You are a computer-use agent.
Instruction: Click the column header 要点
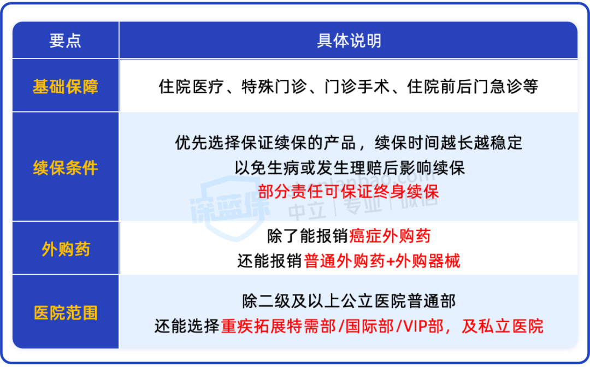pyautogui.click(x=65, y=40)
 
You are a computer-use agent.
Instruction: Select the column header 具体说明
pyautogui.click(x=349, y=40)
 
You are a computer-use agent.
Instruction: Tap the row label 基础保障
pyautogui.click(x=66, y=86)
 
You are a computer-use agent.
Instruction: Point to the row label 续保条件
pyautogui.click(x=66, y=168)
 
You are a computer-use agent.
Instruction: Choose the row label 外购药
pyautogui.click(x=66, y=249)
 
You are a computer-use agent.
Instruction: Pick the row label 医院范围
pyautogui.click(x=66, y=313)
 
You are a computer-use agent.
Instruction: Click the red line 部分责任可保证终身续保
pyautogui.click(x=349, y=192)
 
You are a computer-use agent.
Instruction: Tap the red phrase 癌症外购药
pyautogui.click(x=390, y=236)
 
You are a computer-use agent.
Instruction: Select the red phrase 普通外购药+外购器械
pyautogui.click(x=382, y=261)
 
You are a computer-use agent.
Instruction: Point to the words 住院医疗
pyautogui.click(x=191, y=86)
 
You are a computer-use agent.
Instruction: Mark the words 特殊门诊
pyautogui.click(x=274, y=86)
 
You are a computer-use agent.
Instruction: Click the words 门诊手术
pyautogui.click(x=357, y=86)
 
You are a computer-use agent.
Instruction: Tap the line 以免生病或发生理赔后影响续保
pyautogui.click(x=350, y=168)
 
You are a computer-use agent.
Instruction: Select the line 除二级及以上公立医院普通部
pyautogui.click(x=349, y=301)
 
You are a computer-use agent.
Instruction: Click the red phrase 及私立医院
pyautogui.click(x=503, y=326)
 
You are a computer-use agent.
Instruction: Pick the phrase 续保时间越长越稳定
pyautogui.click(x=449, y=143)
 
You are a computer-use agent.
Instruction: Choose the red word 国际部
pyautogui.click(x=369, y=326)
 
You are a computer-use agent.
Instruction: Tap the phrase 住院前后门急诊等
pyautogui.click(x=473, y=86)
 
